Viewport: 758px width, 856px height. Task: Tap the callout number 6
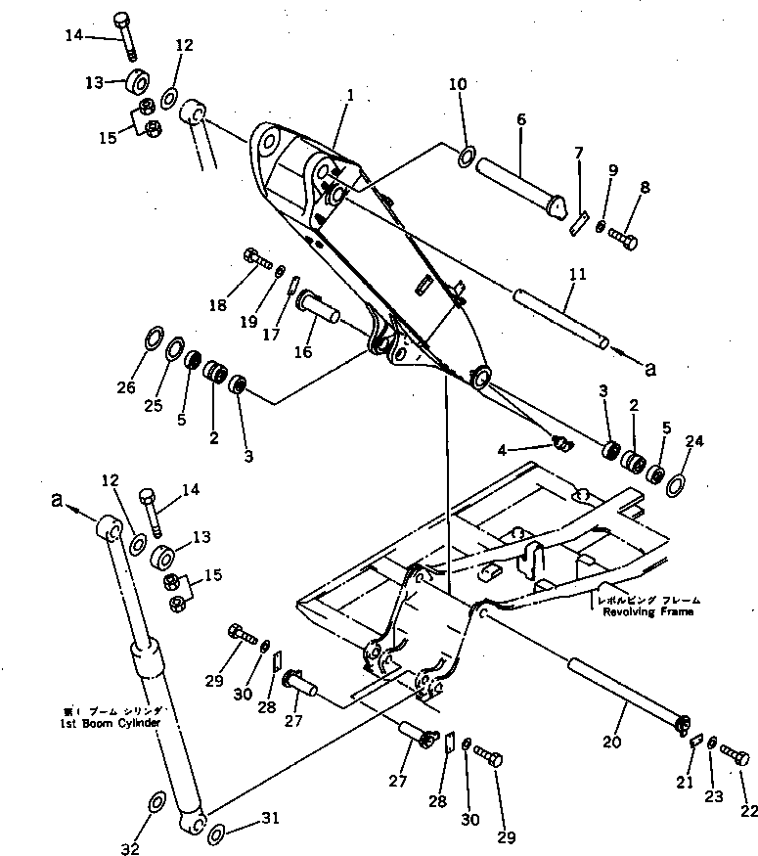click(520, 119)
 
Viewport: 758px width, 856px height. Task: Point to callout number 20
click(612, 743)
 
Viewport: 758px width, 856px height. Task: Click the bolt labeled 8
click(623, 237)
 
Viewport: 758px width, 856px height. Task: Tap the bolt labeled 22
click(736, 755)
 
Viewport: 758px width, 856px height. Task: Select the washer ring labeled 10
click(467, 155)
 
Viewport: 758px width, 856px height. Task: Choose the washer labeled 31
click(217, 833)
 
